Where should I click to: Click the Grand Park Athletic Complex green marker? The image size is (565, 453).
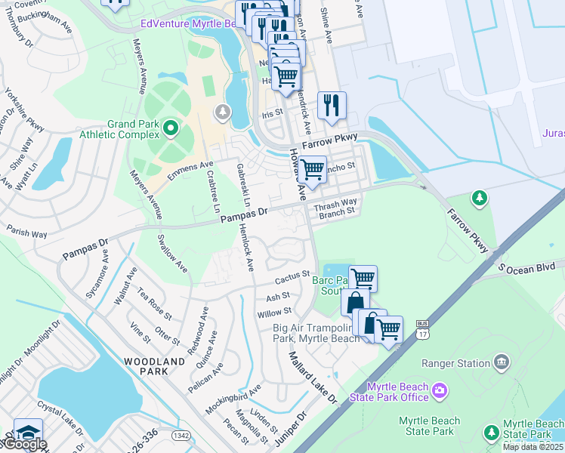click(x=171, y=129)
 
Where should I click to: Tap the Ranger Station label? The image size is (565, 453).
click(x=458, y=363)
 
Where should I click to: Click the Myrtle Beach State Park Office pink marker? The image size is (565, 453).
click(x=440, y=391)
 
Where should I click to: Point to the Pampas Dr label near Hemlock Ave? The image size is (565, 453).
click(x=245, y=215)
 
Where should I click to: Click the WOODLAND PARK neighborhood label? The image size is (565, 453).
click(x=154, y=367)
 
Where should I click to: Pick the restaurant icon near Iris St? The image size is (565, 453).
click(x=332, y=106)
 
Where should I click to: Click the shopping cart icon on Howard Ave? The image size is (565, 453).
click(x=312, y=169)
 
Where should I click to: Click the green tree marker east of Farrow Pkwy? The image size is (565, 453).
click(x=478, y=199)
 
